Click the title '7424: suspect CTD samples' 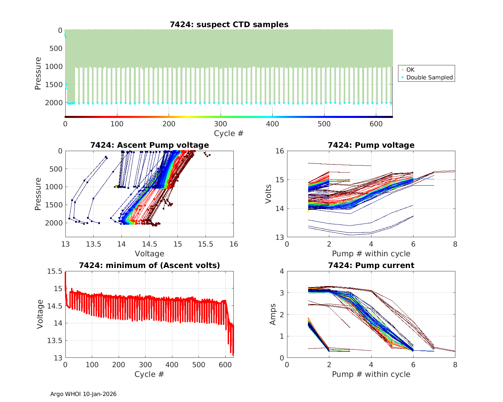[x=229, y=24]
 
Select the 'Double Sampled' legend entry [x=429, y=77]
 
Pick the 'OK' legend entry [x=410, y=70]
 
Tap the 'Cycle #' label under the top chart [x=229, y=133]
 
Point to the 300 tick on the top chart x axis [x=221, y=124]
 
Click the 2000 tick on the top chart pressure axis [x=54, y=103]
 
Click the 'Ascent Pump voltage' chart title [x=150, y=145]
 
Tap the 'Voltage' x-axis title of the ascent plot [x=150, y=254]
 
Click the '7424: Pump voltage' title [x=371, y=145]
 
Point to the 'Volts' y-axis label [x=268, y=194]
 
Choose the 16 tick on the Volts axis [x=280, y=151]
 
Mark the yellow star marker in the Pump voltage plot [x=308, y=211]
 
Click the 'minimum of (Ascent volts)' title [x=150, y=265]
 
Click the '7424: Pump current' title [x=371, y=265]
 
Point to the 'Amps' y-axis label [x=273, y=314]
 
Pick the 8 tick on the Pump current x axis [x=455, y=365]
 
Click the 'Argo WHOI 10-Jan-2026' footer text [x=83, y=394]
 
